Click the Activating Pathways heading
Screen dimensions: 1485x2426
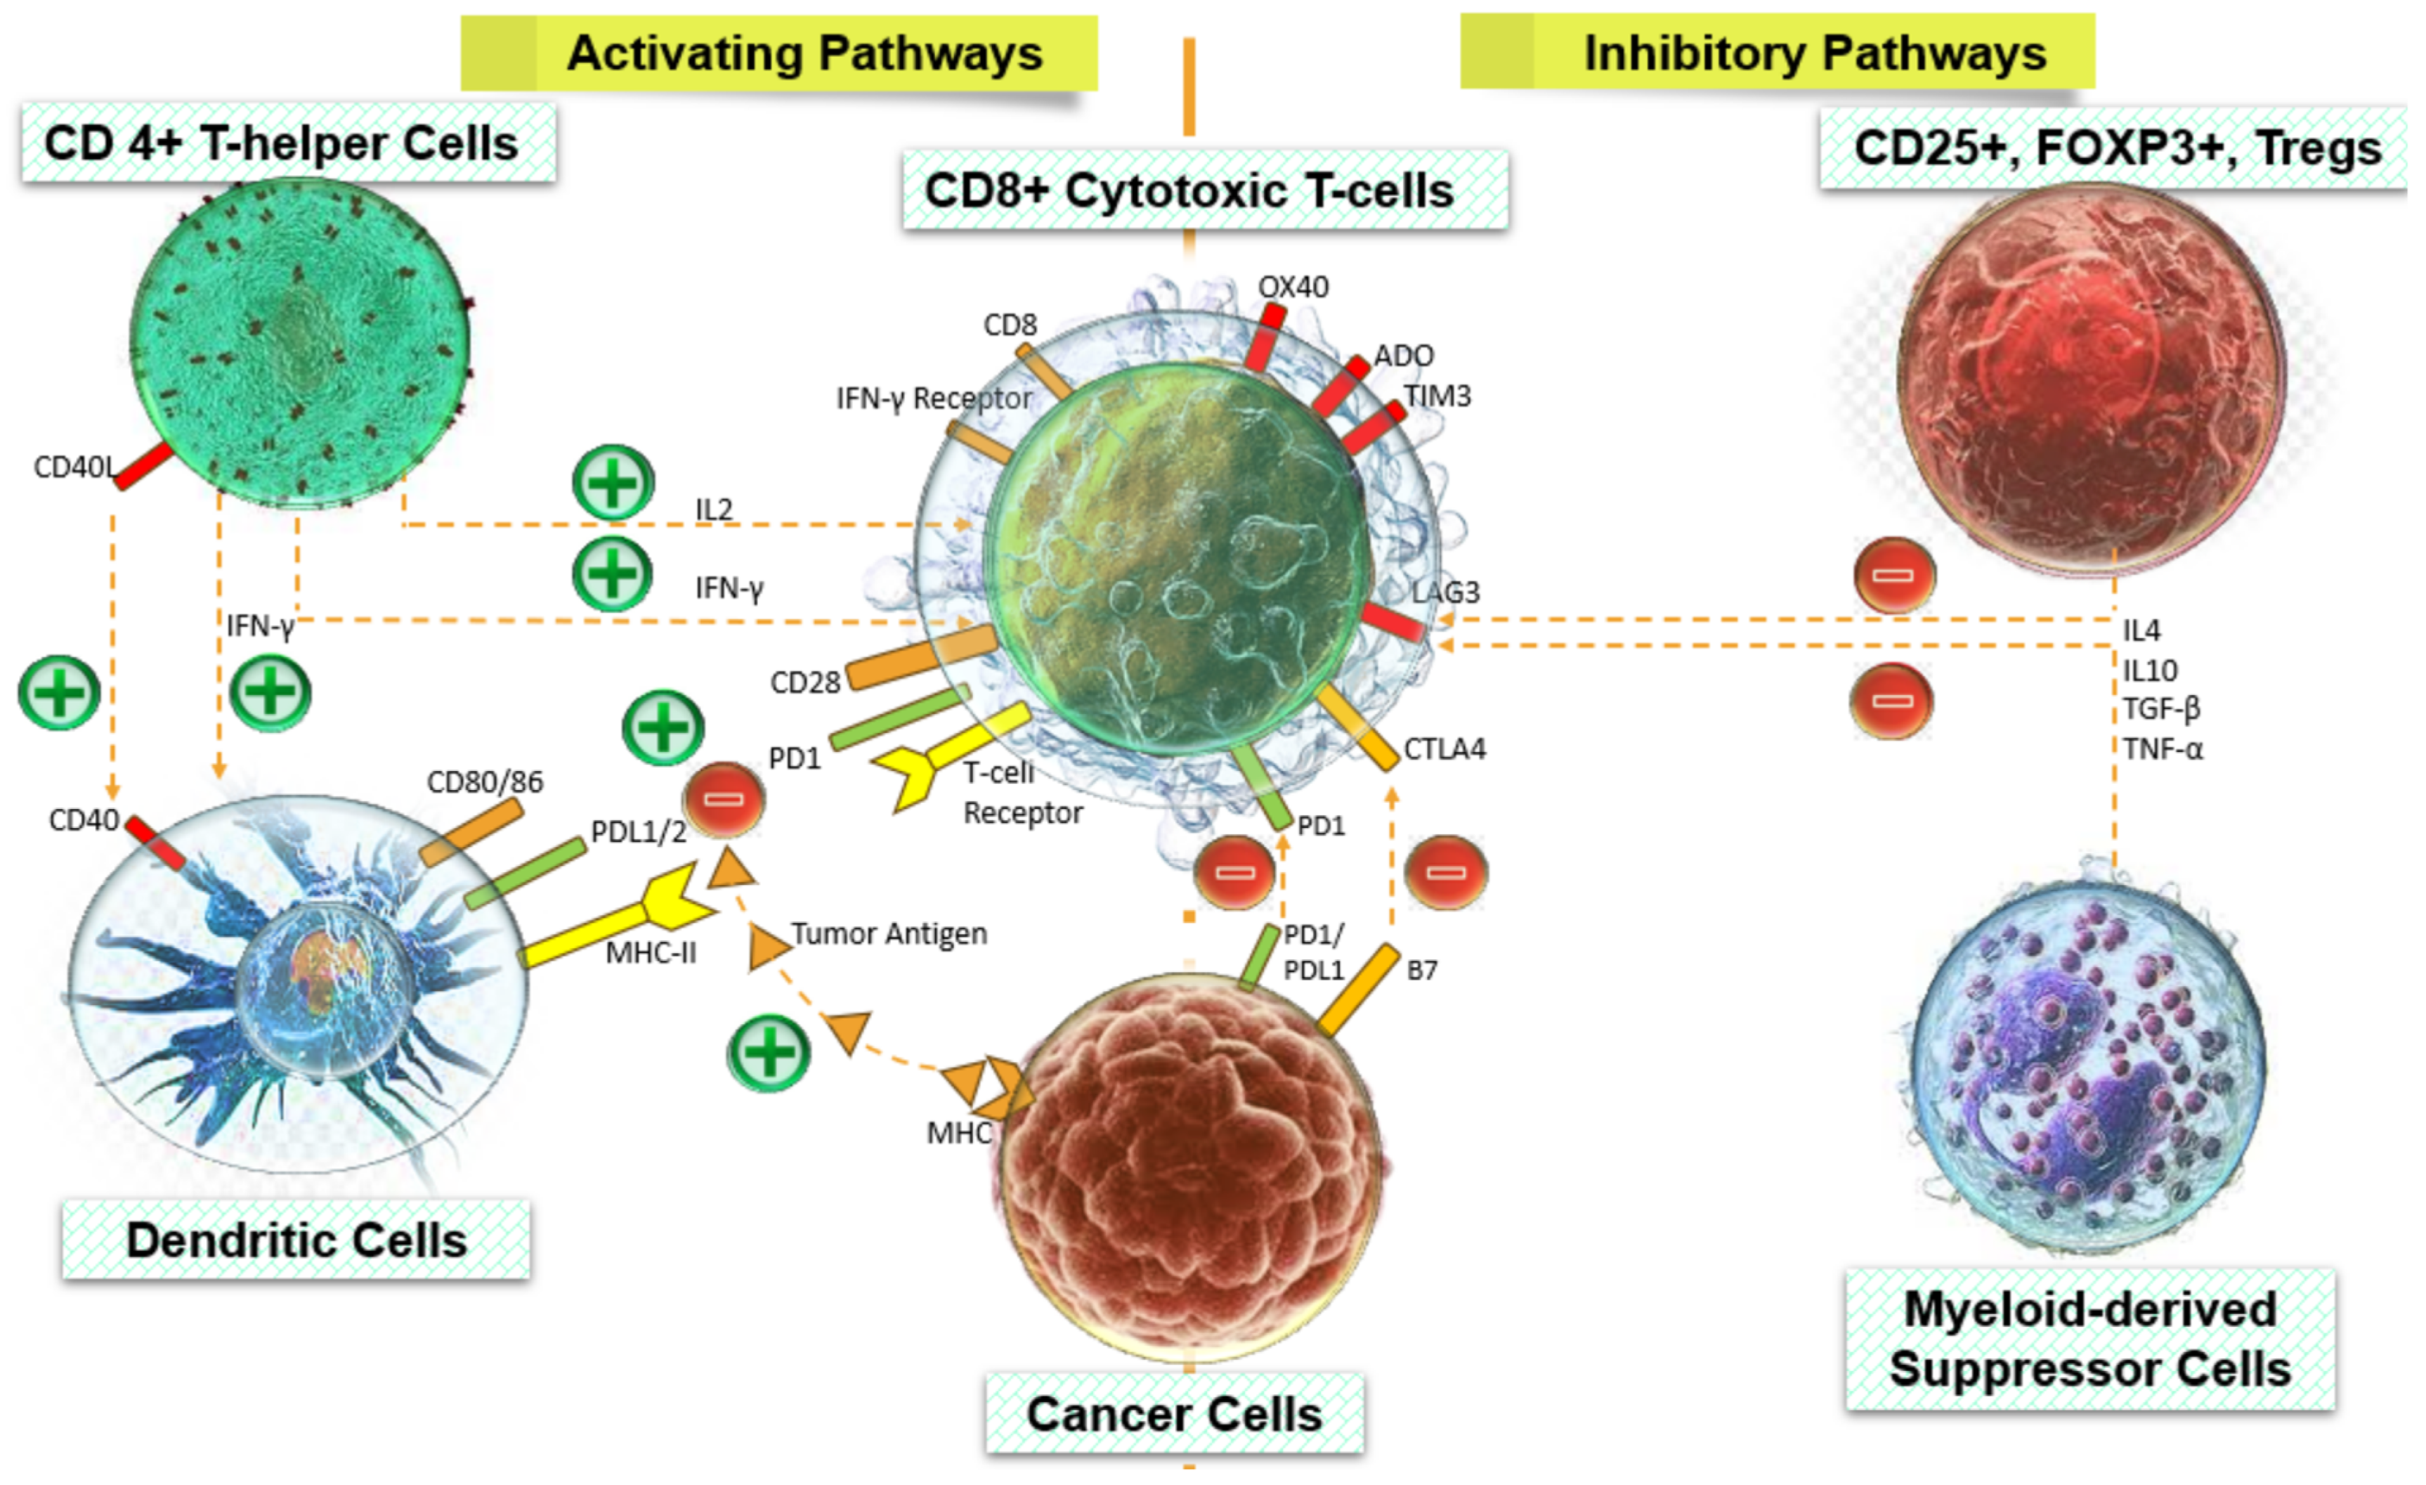pos(804,53)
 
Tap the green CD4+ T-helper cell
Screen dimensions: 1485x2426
pos(299,343)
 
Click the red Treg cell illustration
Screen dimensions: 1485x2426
pos(2092,379)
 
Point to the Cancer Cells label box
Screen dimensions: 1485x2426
pos(1173,1414)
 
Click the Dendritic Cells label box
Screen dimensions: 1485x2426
pos(295,1240)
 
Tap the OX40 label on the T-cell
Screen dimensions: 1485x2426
pos(1293,287)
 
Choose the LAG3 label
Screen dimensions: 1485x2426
pos(1444,592)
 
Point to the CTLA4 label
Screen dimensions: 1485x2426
pos(1443,749)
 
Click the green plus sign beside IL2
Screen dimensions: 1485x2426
pos(613,483)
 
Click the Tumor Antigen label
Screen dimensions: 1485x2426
pos(888,933)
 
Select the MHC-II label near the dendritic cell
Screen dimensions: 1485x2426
pos(651,952)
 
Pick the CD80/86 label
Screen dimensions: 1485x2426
pos(484,782)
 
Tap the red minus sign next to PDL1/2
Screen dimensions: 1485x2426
pos(724,798)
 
